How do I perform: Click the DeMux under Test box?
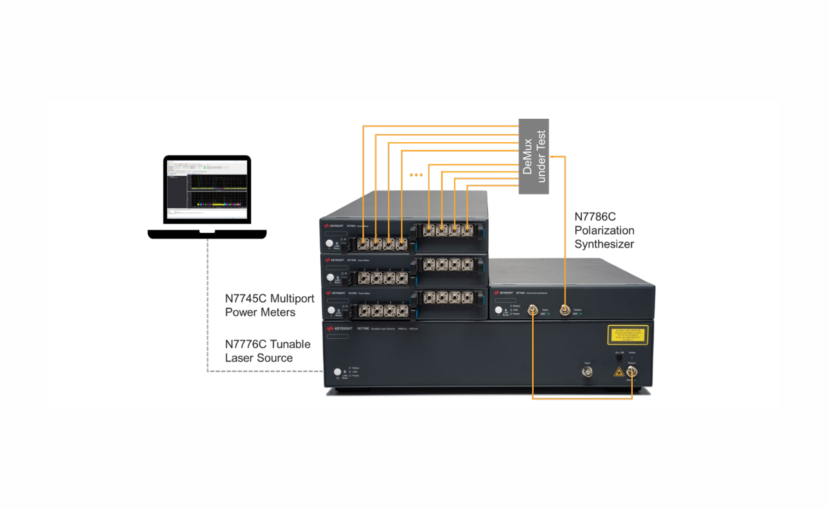coord(534,156)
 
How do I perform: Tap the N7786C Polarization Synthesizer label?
coord(604,231)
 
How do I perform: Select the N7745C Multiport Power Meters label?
coord(269,305)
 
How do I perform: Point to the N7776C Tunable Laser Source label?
coord(267,351)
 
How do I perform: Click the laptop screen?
coord(207,189)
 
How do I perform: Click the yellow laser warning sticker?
coord(628,335)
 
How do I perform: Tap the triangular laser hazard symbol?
coord(619,372)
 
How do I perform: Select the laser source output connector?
coord(632,372)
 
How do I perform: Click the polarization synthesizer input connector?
coord(532,310)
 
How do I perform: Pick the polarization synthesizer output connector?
coord(565,310)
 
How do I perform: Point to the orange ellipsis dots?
coord(416,175)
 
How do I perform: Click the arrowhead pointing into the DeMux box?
coord(552,157)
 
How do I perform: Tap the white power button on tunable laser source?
coord(337,372)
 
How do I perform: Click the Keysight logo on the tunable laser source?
coord(339,329)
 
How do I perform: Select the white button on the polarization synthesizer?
coord(498,310)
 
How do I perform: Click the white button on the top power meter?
coord(329,243)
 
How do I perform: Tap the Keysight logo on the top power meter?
coord(334,226)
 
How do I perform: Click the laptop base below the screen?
coord(207,234)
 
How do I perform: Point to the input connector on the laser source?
coord(587,372)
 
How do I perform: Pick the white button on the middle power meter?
coord(330,277)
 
